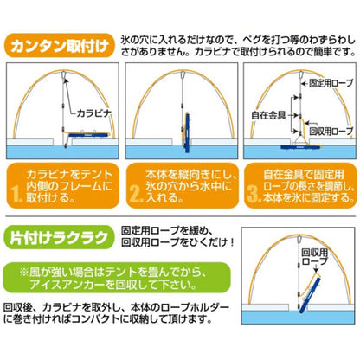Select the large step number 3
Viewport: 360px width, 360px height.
point(253,185)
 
